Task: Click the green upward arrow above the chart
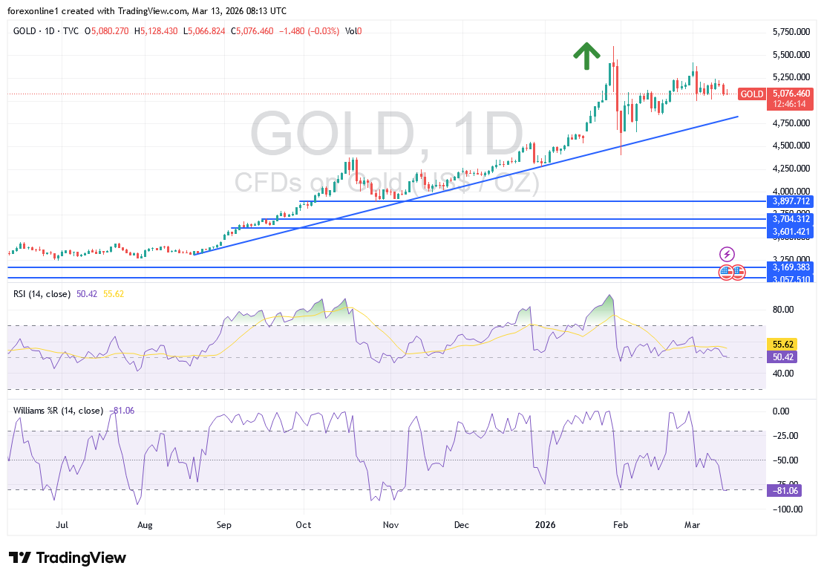tap(586, 56)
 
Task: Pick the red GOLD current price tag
tap(752, 94)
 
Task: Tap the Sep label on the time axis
tap(224, 525)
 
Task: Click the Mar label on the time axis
tap(692, 525)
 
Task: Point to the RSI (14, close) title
tap(42, 294)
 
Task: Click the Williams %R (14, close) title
tap(58, 410)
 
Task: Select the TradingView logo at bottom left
tap(68, 558)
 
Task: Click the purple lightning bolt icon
tap(727, 254)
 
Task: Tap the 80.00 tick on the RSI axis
tap(784, 310)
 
